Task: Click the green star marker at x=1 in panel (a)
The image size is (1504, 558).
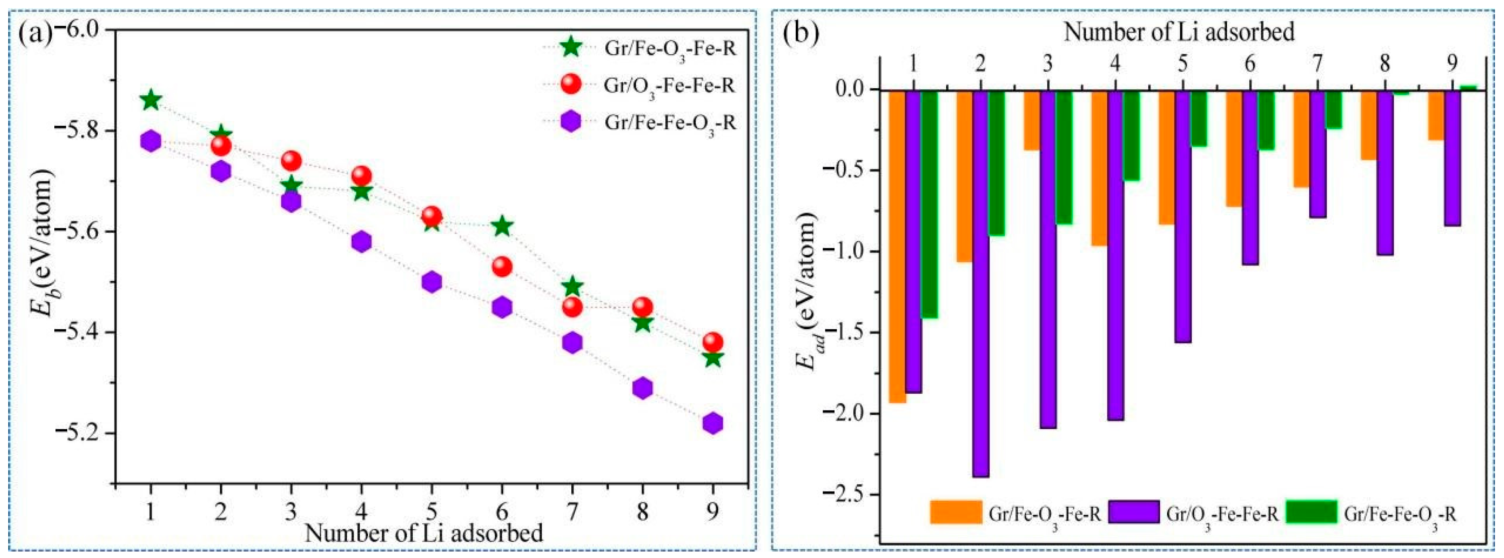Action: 151,100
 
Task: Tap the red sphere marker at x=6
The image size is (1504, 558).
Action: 502,267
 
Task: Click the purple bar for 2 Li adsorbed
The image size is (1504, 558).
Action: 981,283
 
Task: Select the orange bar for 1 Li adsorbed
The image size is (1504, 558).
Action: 897,246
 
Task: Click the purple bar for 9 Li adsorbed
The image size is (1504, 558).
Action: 1453,158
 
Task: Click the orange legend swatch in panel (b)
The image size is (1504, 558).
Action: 955,511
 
